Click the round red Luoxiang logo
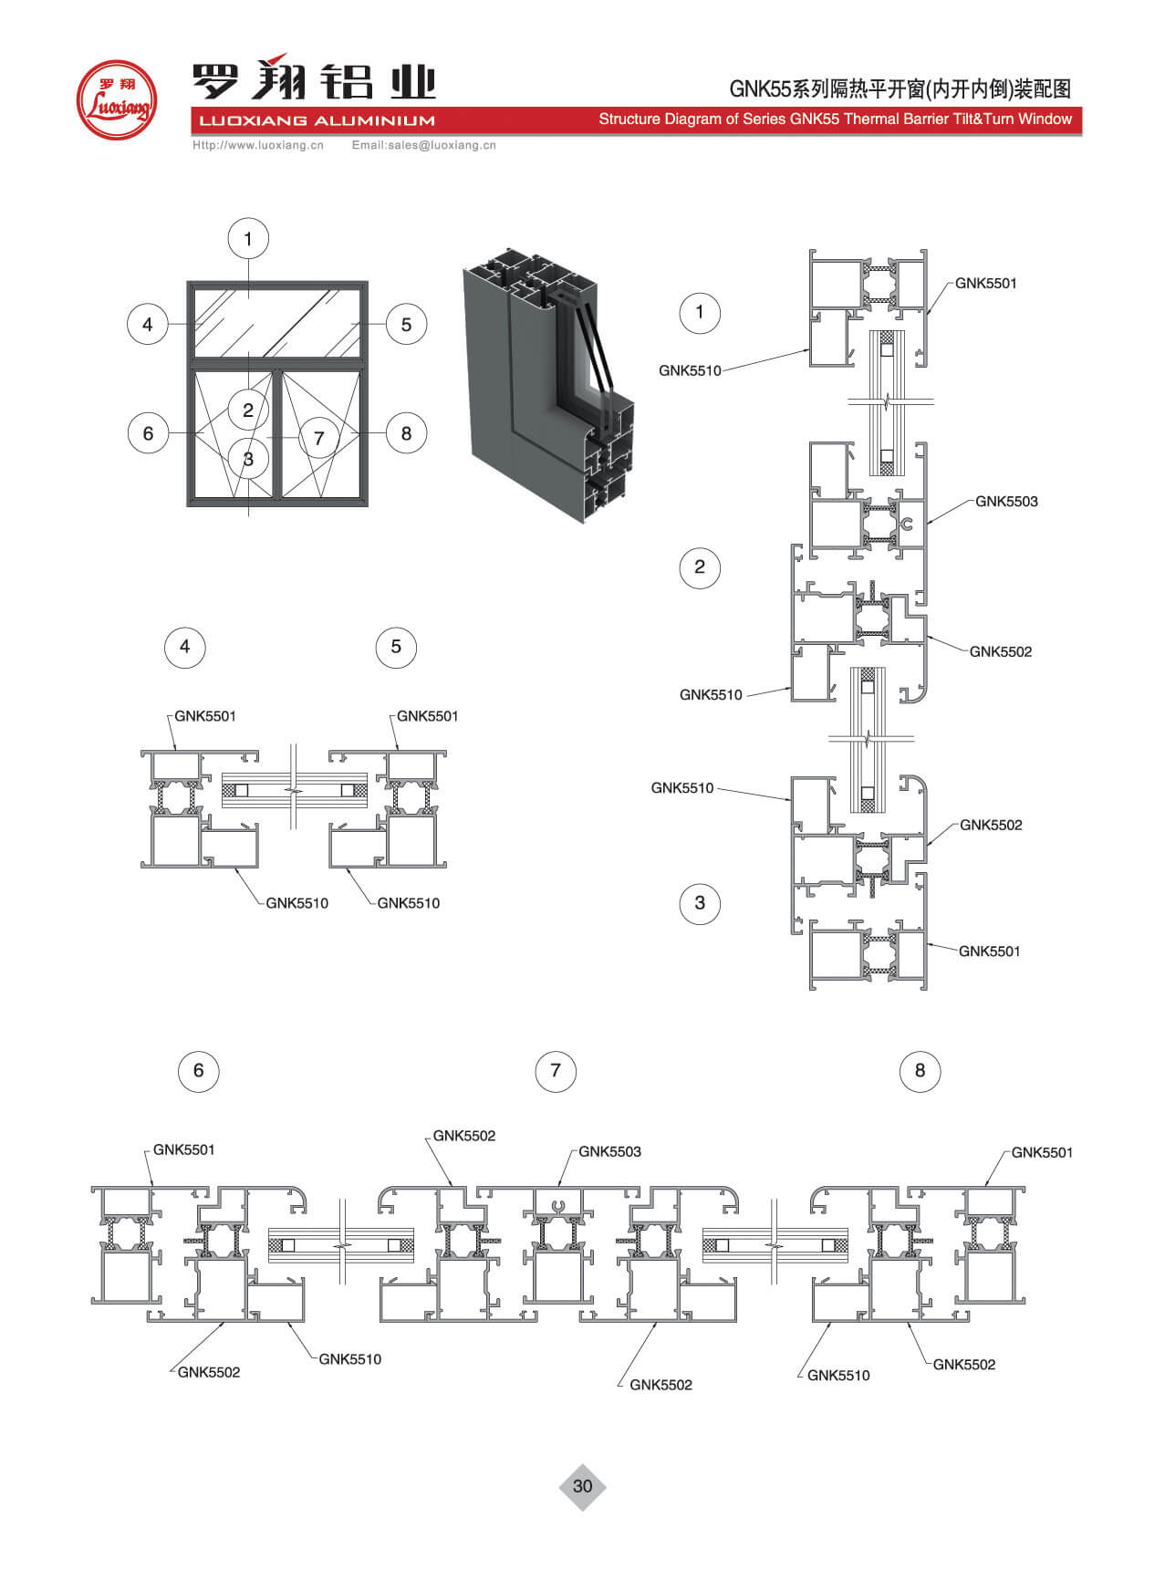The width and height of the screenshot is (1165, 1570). click(x=115, y=99)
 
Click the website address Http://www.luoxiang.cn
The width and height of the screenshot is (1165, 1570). click(x=258, y=145)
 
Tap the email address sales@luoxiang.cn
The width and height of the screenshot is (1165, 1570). click(x=424, y=145)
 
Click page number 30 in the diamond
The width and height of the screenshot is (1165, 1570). click(x=582, y=1486)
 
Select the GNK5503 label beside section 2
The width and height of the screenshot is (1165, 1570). click(x=1006, y=502)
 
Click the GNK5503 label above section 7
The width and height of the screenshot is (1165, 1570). click(x=609, y=1152)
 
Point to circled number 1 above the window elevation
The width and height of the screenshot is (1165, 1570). click(x=248, y=240)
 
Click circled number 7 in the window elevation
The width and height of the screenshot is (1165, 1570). click(x=318, y=438)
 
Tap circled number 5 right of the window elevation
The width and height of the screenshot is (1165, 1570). click(x=406, y=325)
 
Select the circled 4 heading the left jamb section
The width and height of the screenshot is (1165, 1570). click(x=185, y=647)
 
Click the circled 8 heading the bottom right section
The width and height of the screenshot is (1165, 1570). click(x=920, y=1070)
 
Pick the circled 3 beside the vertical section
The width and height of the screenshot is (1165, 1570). click(x=700, y=903)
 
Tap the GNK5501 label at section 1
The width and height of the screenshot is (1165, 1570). click(x=985, y=284)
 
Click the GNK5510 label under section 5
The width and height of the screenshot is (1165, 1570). click(x=408, y=903)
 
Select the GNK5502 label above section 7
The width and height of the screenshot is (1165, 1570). click(x=463, y=1136)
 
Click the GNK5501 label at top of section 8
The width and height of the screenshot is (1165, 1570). click(x=1042, y=1153)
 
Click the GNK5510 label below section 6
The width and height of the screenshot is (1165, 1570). click(x=349, y=1359)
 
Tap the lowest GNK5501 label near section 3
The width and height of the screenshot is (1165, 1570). click(x=989, y=951)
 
